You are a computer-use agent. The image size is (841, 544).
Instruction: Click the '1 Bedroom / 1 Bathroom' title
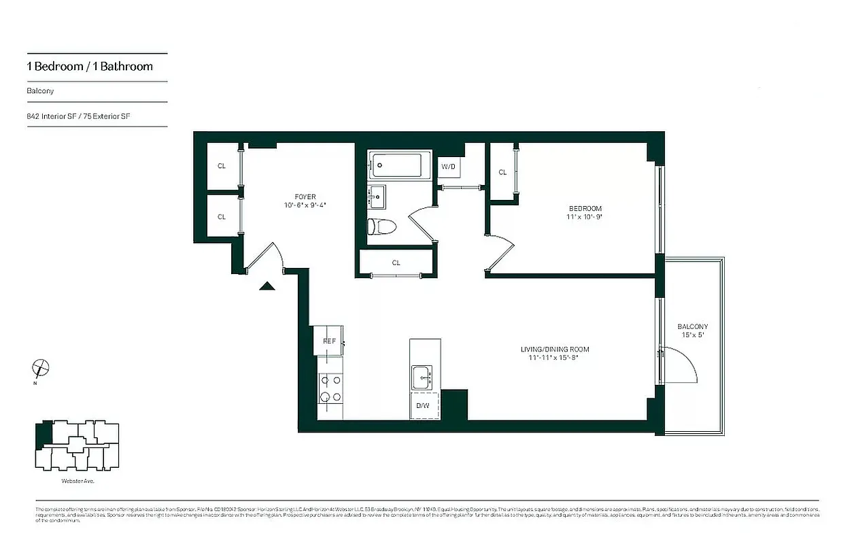coord(90,67)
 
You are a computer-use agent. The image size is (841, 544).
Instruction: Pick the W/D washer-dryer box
coord(448,167)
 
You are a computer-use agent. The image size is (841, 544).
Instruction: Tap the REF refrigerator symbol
coord(329,341)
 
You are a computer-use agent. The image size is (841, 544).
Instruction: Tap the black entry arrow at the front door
coord(267,286)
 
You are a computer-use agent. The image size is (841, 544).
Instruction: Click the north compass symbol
coord(41,369)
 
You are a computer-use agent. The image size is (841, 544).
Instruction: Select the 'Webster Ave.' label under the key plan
coord(77,481)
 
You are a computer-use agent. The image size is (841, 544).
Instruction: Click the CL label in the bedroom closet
coord(502,173)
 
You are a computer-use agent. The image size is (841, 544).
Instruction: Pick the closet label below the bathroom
coord(396,262)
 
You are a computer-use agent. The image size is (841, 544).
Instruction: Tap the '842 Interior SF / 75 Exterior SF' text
coord(78,116)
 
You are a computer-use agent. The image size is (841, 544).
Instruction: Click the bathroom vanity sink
coord(377,197)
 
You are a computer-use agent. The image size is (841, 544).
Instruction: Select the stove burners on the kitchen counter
coord(330,390)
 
